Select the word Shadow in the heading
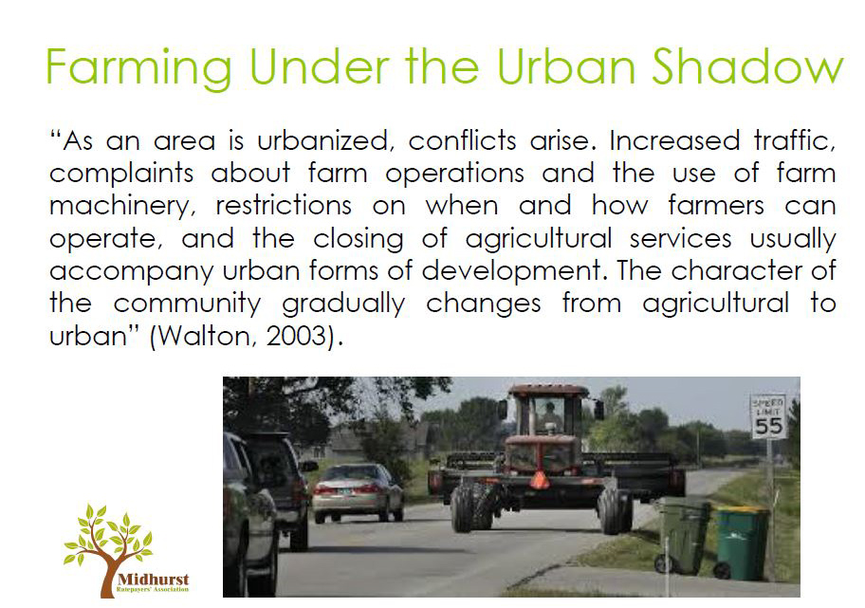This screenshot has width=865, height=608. [747, 65]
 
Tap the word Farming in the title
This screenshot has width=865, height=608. [138, 69]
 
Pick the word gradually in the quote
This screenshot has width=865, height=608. [343, 304]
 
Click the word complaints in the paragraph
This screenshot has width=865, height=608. [121, 174]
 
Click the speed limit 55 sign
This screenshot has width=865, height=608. [768, 416]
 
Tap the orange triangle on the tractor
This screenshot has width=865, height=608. [540, 481]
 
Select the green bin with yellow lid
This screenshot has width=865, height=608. [740, 542]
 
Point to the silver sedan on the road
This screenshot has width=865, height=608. [358, 491]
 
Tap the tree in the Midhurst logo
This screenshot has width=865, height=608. [108, 544]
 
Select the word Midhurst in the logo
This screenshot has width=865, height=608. [154, 579]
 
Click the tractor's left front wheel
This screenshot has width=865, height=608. [470, 505]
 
